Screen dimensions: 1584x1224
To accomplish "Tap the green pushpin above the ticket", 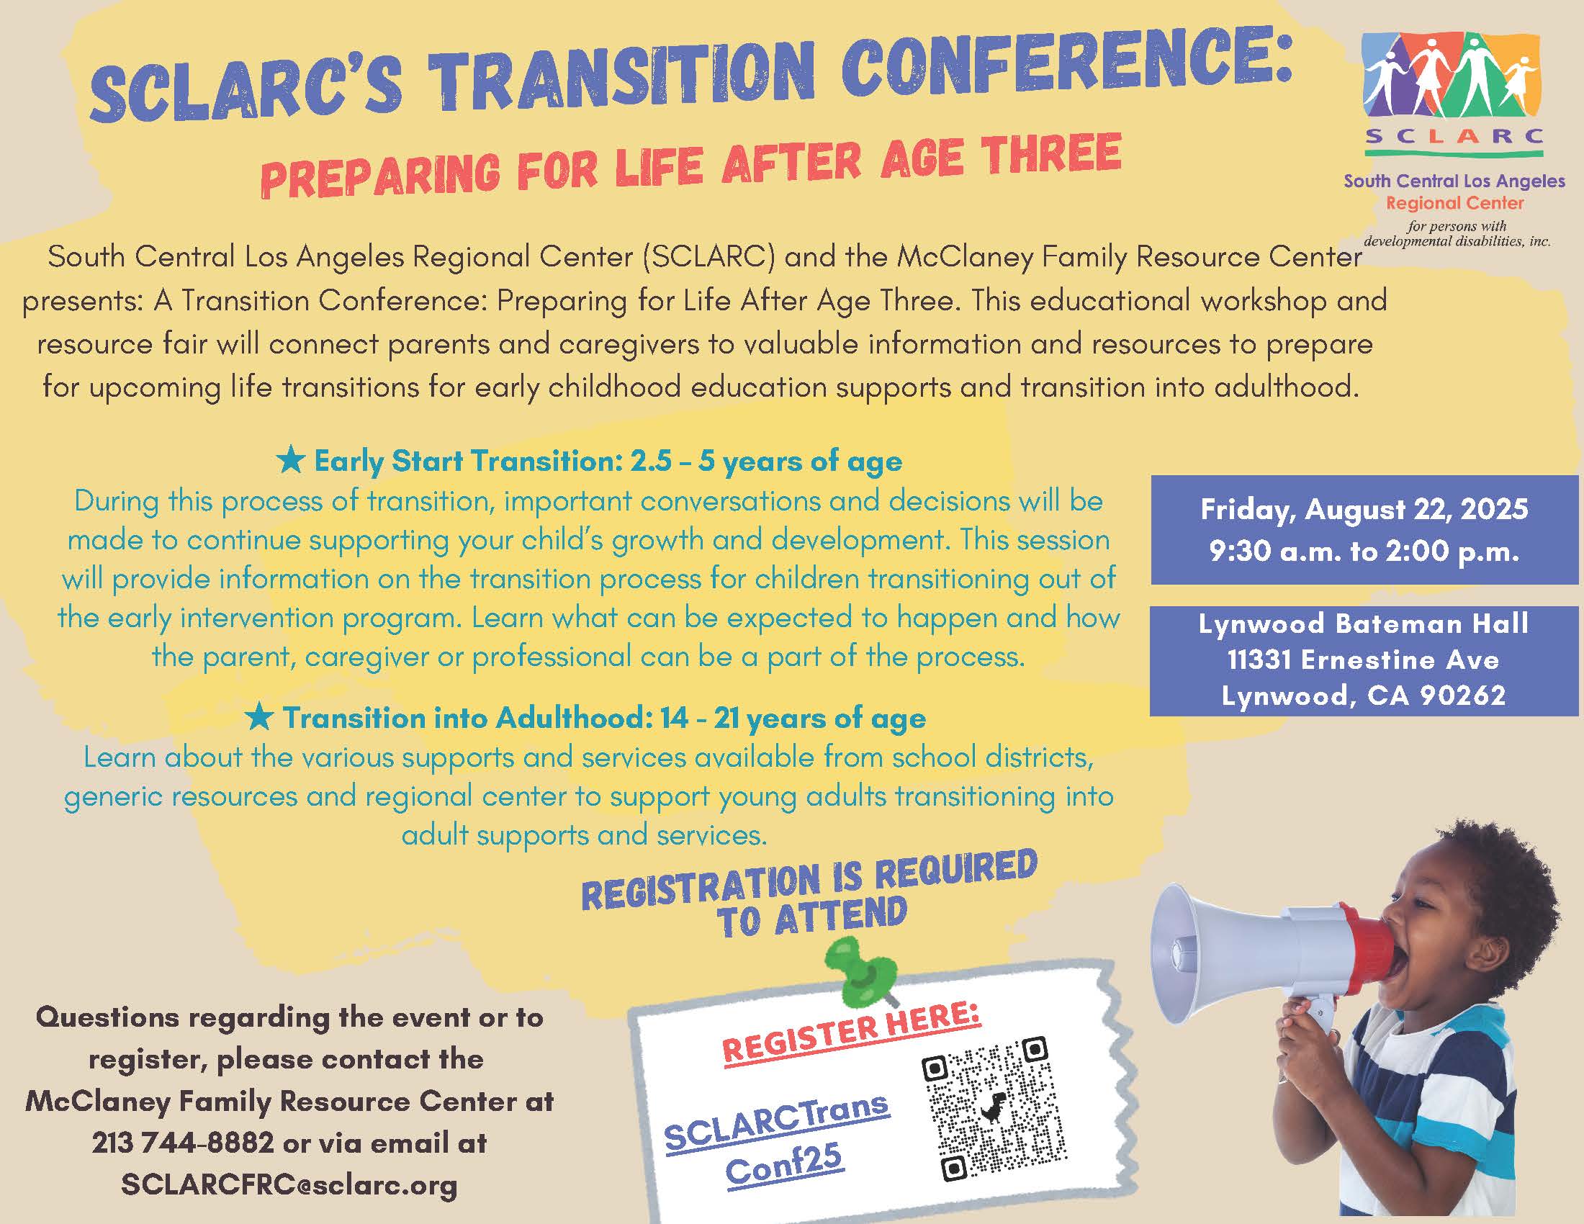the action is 863,971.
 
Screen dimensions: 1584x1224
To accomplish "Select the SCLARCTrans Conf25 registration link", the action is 778,1142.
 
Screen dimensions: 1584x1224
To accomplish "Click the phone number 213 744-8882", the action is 182,1143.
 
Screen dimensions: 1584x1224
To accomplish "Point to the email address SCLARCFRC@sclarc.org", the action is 289,1185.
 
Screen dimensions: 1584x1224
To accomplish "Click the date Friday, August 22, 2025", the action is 1364,510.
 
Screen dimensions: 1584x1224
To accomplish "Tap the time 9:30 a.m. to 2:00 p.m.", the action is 1364,552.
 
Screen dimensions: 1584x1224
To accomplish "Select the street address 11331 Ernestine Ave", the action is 1364,659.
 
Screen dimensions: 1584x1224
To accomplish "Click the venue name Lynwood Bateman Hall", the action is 1364,624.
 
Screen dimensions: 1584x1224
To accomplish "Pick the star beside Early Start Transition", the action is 291,459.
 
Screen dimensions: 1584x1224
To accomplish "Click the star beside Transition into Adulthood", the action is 259,716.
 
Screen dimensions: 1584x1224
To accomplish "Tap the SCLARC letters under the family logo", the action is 1454,135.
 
